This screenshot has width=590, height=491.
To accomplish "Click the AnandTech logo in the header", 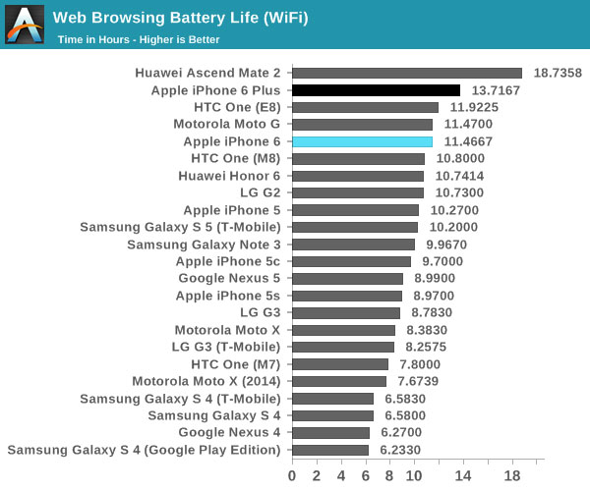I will coord(25,25).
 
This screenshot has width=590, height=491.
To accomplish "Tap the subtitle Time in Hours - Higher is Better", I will coord(139,39).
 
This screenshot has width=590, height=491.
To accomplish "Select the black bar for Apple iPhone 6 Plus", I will coord(376,90).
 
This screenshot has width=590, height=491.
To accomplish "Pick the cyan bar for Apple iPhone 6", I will coord(362,141).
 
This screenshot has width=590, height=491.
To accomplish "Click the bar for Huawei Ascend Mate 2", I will coord(407,73).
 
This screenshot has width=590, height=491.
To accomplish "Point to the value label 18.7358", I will coord(558,73).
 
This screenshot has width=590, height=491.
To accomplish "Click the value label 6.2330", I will coord(402,450).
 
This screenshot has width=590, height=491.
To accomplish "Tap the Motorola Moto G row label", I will coord(226,125).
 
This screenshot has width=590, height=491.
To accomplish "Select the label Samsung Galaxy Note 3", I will coord(204,245).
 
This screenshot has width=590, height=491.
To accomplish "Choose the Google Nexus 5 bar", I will coord(347,279).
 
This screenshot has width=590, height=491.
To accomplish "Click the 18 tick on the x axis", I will coord(512,475).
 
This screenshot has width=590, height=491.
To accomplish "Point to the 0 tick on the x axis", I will coord(292,475).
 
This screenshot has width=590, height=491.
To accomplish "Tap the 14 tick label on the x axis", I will coord(463,475).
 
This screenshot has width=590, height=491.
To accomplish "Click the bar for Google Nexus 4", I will coord(330,433).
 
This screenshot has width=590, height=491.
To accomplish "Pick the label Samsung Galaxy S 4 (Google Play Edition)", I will coord(144,450).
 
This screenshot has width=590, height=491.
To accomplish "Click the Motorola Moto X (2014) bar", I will coord(339,381).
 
